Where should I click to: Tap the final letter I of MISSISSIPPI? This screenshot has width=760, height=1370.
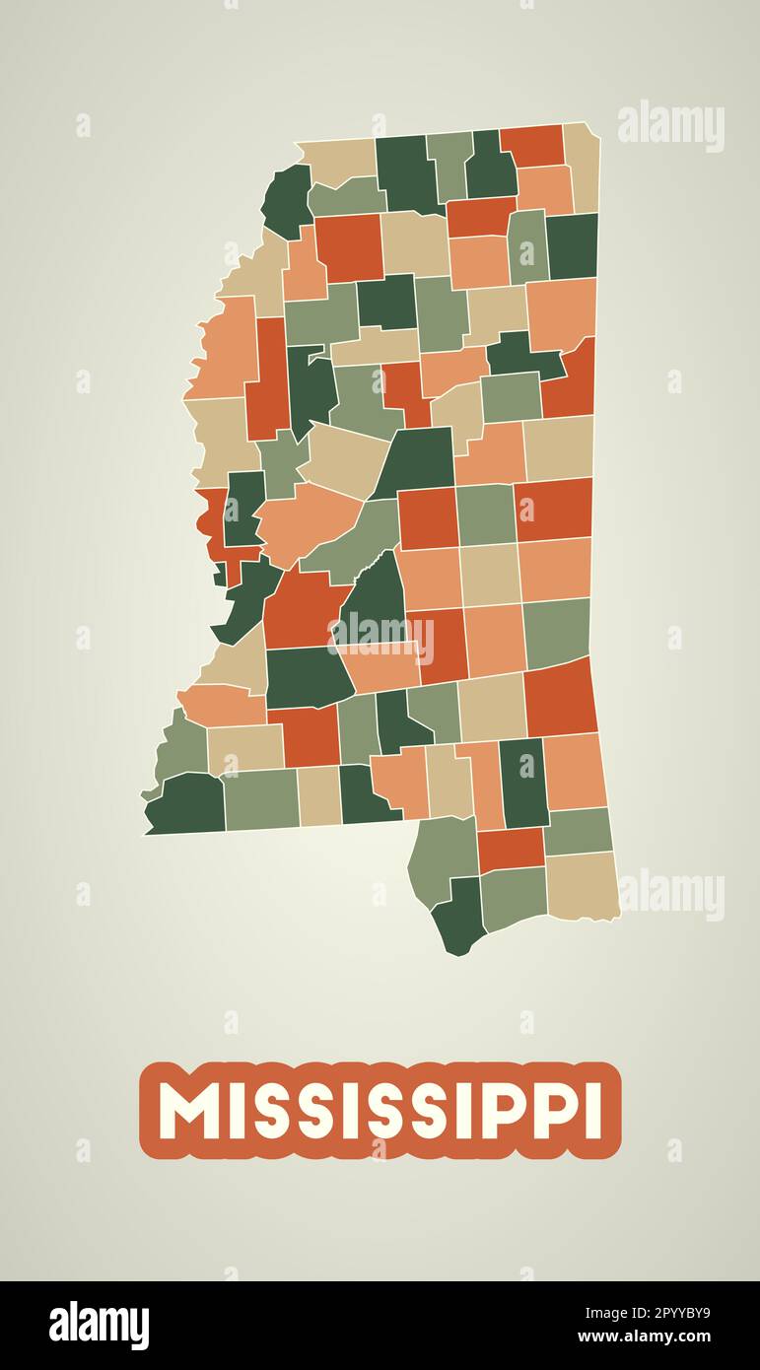[592, 1111]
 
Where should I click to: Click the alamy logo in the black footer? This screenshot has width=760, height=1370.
[99, 1326]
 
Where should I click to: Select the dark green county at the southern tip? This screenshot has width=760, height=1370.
[459, 917]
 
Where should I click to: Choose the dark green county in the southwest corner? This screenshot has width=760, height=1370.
[187, 803]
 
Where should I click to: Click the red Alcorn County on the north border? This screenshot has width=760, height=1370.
[532, 145]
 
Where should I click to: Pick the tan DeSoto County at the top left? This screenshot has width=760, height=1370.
[338, 159]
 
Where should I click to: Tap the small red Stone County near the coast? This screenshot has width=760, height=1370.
[510, 849]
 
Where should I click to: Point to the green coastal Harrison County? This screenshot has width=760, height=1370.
[514, 897]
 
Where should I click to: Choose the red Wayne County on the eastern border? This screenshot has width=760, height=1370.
[560, 697]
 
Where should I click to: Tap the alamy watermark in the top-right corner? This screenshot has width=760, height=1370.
[671, 125]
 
